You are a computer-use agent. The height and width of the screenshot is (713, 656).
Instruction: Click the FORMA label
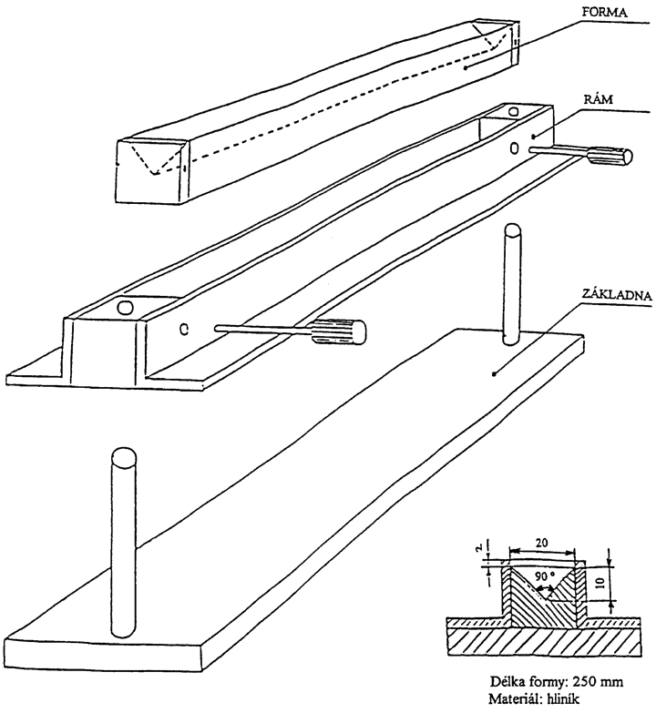[604, 12]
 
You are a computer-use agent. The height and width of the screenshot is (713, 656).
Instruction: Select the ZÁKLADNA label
[617, 296]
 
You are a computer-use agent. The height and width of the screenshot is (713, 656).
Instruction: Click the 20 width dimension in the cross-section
[542, 542]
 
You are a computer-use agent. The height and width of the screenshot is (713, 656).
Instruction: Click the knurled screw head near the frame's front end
[339, 331]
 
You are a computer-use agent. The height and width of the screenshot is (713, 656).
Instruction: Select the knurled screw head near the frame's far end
[610, 156]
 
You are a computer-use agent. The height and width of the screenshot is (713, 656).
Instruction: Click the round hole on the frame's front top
[125, 308]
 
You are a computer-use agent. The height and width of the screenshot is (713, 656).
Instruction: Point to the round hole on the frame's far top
[514, 110]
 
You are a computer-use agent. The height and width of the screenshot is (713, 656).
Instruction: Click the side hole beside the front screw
[184, 329]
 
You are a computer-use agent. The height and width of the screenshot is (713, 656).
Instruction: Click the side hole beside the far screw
[515, 148]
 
